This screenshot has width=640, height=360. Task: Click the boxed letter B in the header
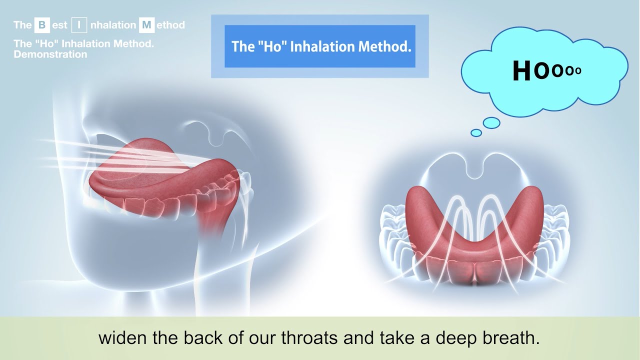point(41,25)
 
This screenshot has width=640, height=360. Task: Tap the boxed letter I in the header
point(79,25)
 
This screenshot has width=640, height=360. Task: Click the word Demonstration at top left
point(50,54)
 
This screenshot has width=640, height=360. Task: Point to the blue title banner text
point(320,46)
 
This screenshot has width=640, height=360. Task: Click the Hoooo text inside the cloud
point(547,71)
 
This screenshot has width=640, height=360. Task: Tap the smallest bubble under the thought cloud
point(476,132)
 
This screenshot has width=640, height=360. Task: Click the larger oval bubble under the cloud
point(491,122)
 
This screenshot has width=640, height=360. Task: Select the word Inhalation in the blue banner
point(324,46)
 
